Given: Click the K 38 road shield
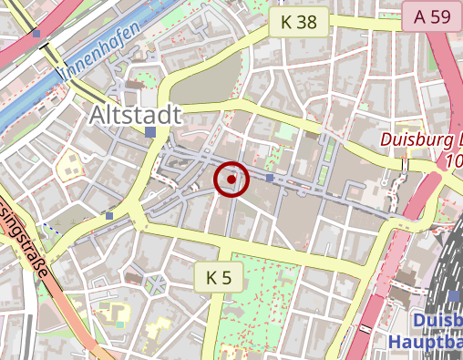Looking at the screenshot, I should pyautogui.click(x=298, y=23).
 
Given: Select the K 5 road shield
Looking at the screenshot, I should pyautogui.click(x=220, y=277).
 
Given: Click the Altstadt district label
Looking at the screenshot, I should pyautogui.click(x=136, y=115).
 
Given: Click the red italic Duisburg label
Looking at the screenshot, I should pyautogui.click(x=422, y=140).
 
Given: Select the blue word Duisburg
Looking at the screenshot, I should pyautogui.click(x=437, y=322).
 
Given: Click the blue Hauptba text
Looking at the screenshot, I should pyautogui.click(x=425, y=342).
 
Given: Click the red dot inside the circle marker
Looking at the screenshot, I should pyautogui.click(x=231, y=180).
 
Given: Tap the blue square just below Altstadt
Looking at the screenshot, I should pyautogui.click(x=150, y=133).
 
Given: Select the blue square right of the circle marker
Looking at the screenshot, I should pyautogui.click(x=271, y=178).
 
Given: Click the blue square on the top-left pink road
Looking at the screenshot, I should pyautogui.click(x=36, y=34).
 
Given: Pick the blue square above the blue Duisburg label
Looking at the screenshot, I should pyautogui.click(x=453, y=296).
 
